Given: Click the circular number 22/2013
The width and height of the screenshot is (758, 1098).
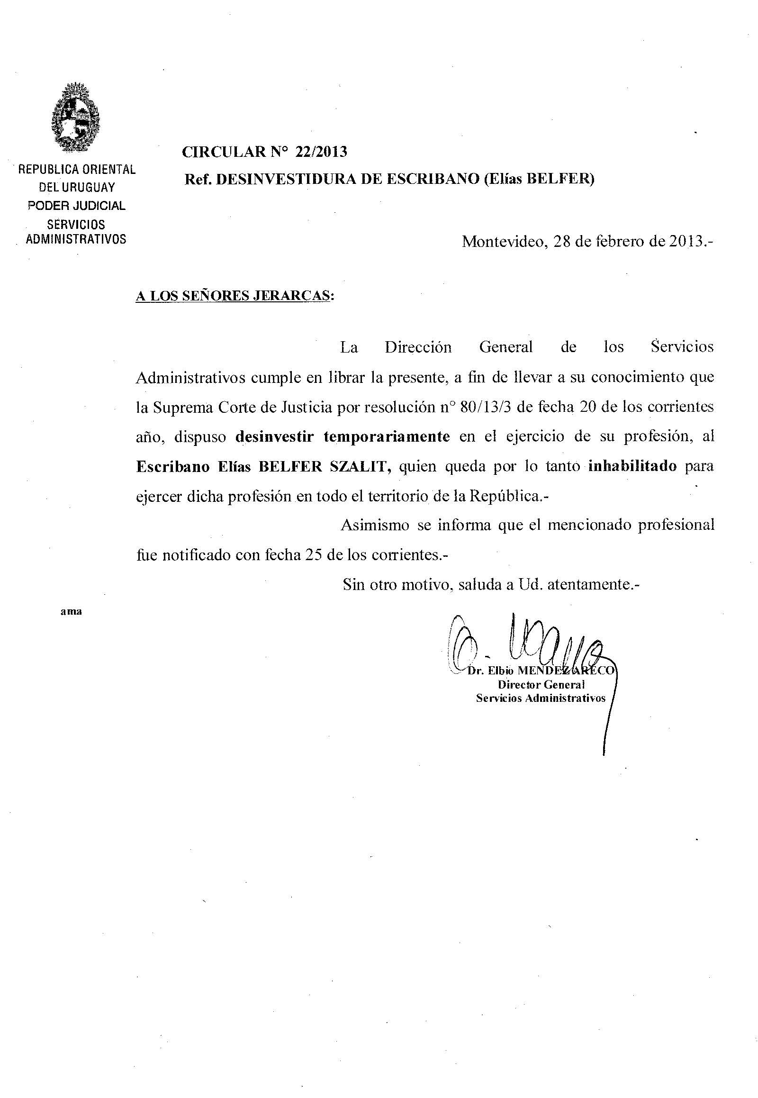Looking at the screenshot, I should [x=321, y=152].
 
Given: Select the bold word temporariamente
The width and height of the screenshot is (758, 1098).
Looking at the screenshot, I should [x=387, y=436].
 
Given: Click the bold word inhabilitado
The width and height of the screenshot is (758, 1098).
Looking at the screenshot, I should [x=632, y=466].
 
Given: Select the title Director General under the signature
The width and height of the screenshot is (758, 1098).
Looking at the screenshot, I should [x=541, y=685].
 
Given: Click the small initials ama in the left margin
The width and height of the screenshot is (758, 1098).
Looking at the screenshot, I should [x=71, y=612].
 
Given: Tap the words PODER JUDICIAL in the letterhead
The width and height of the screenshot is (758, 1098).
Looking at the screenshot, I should [x=76, y=206].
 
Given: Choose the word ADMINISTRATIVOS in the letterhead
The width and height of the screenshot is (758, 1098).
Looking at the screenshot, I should [x=76, y=239].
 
